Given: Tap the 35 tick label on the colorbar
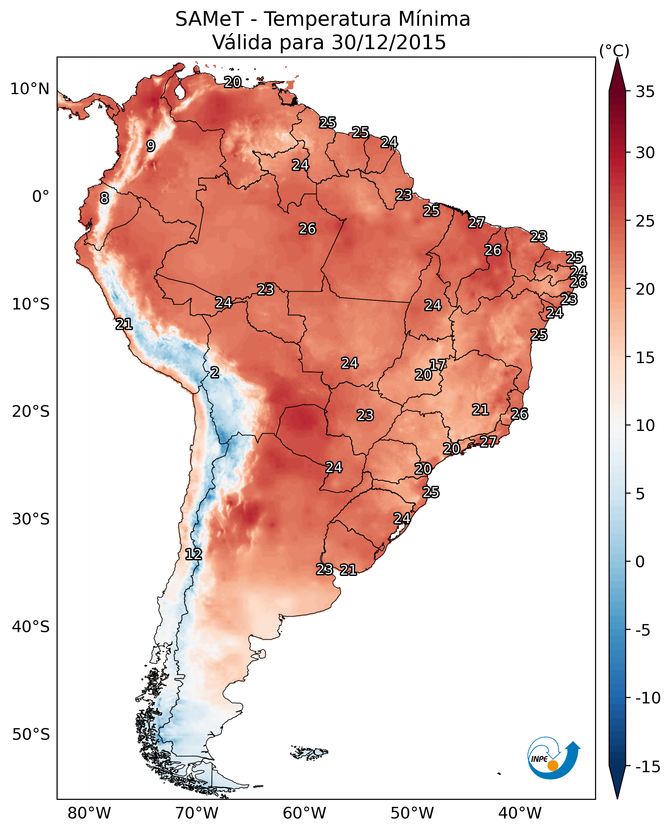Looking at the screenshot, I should (x=645, y=92).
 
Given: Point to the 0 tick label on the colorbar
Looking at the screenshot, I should (x=640, y=561).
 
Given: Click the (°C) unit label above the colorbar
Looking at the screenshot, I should (x=614, y=50).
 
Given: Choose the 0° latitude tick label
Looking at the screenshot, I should (x=41, y=197).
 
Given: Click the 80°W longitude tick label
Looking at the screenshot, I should (x=89, y=813).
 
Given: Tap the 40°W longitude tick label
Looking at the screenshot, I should (x=520, y=813).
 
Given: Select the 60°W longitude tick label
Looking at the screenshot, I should (x=305, y=813).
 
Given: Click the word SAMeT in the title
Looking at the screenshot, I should (x=209, y=19).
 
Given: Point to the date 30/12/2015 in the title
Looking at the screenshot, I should (x=389, y=42).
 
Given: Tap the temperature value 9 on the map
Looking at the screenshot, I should (x=151, y=146).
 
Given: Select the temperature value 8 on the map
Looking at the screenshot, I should (x=104, y=198).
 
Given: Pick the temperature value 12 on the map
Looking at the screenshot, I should (x=193, y=555).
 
